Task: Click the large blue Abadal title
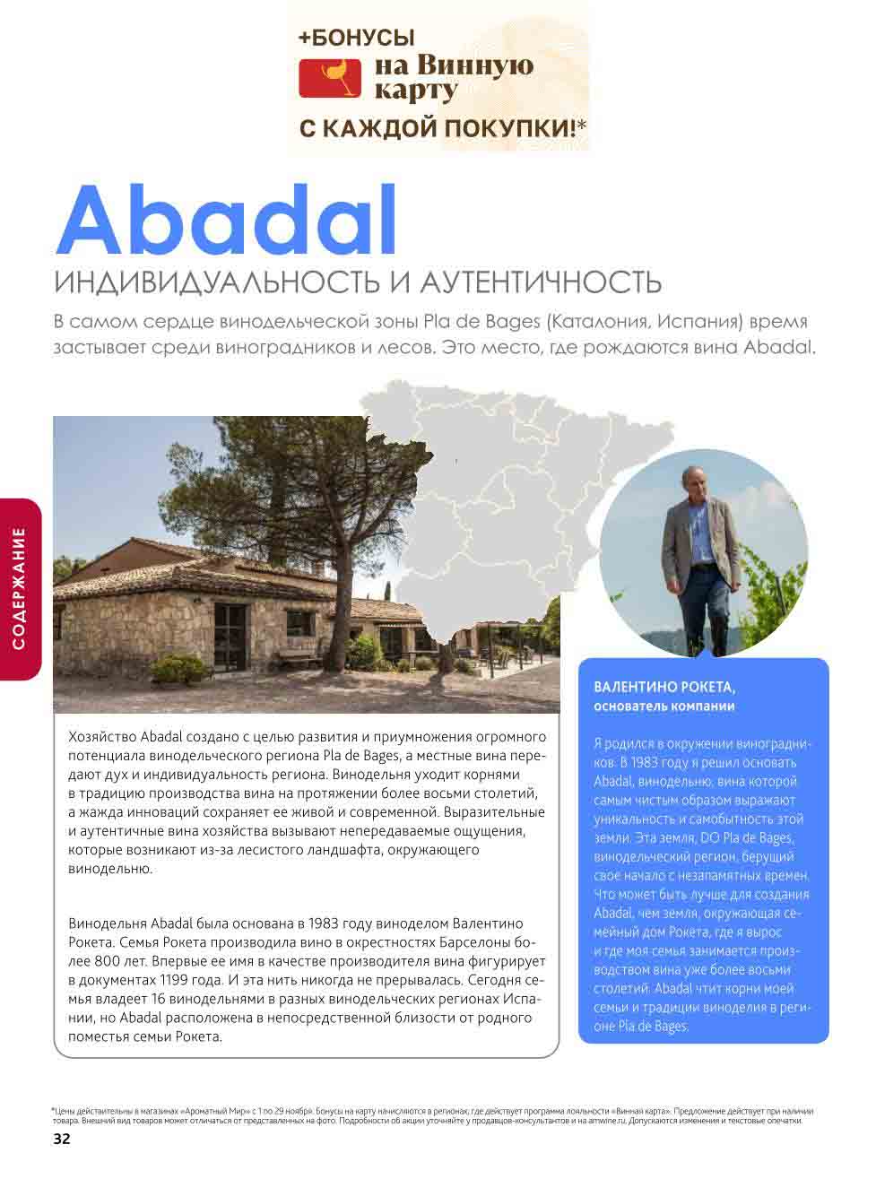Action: click(x=226, y=221)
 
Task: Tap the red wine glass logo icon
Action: click(x=329, y=78)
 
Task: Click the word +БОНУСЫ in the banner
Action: click(x=357, y=38)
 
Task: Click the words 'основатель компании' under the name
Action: click(x=664, y=707)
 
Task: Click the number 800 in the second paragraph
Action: click(x=108, y=961)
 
